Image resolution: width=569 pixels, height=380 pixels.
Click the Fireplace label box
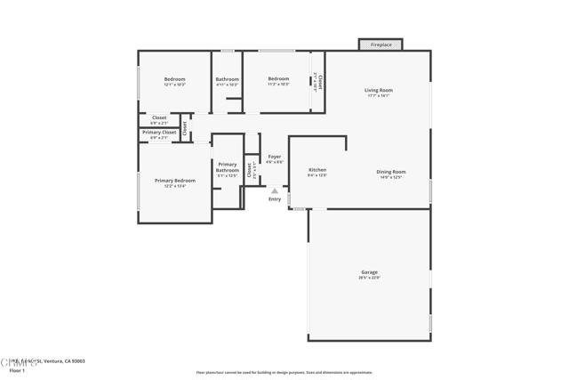[381, 44]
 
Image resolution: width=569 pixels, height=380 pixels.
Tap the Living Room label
[378, 91]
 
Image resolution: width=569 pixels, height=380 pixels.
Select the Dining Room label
[391, 172]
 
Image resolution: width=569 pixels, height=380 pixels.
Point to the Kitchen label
[317, 170]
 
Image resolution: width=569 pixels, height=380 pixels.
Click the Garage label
[369, 272]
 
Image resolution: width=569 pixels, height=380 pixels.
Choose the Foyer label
[275, 157]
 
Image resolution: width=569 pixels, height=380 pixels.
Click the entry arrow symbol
[275, 190]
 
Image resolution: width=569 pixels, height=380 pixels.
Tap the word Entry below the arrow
[275, 198]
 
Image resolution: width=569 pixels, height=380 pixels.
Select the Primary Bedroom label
[174, 181]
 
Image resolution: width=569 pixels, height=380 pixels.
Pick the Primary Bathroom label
[228, 166]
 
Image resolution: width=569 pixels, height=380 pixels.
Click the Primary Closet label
[159, 133]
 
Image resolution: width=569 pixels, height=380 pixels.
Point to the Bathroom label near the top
[228, 79]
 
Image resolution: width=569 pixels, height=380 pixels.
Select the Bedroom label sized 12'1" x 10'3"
[174, 79]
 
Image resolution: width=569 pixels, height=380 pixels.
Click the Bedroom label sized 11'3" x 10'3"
[279, 79]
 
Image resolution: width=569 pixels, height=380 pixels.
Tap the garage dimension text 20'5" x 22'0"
[369, 279]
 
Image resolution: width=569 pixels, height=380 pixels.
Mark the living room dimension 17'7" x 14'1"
[378, 96]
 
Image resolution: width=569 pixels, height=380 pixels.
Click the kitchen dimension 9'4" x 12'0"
[317, 175]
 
